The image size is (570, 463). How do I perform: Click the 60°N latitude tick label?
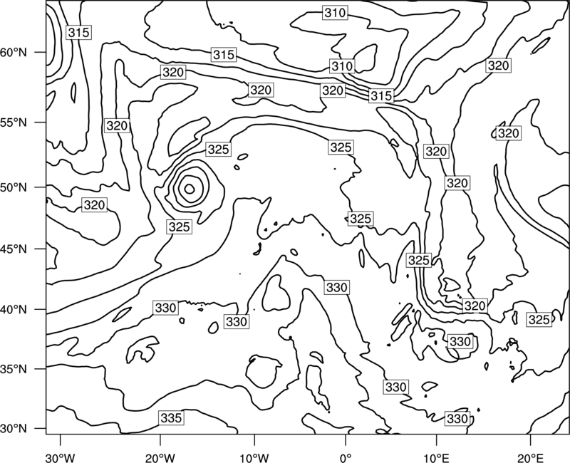(14, 52)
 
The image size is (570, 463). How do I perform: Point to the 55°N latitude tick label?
(14, 123)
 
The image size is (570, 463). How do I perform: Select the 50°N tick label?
(14, 187)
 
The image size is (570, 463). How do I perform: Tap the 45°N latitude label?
(14, 249)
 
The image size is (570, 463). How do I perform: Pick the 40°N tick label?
(14, 310)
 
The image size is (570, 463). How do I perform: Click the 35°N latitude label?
(14, 369)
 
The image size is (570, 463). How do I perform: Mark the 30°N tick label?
(14, 429)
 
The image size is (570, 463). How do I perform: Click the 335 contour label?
(171, 418)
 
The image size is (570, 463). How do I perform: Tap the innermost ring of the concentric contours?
(190, 184)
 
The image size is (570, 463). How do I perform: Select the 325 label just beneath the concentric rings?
(180, 227)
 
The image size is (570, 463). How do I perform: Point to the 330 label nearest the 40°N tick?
(165, 308)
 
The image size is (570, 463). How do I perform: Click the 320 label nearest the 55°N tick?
(117, 126)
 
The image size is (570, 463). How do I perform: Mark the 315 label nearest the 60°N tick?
(78, 32)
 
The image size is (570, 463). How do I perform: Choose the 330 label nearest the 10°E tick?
(457, 419)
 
